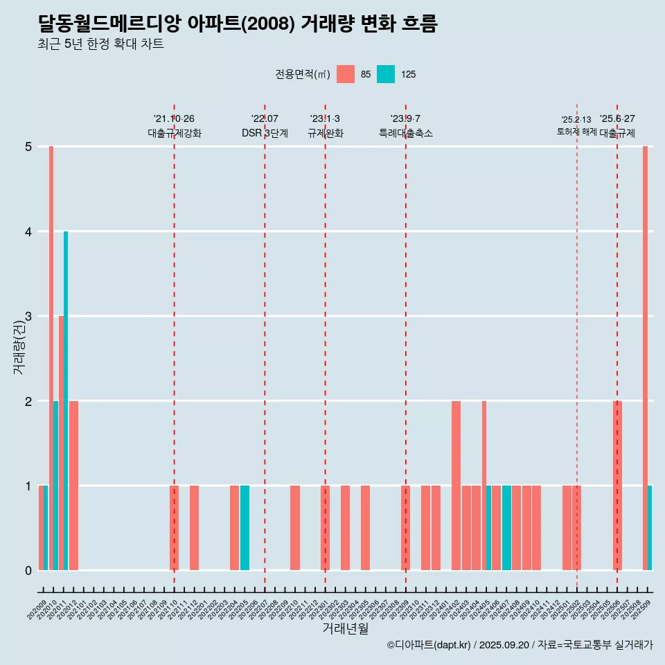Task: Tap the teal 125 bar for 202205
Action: click(x=245, y=528)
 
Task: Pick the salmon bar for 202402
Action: click(x=456, y=486)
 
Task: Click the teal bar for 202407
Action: click(x=506, y=528)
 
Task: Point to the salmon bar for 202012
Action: click(x=73, y=486)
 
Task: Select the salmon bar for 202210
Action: click(x=295, y=528)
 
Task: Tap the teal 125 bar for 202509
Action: click(x=650, y=528)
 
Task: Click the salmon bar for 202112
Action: click(x=195, y=528)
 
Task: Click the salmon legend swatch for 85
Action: click(x=346, y=74)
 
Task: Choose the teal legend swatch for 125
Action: click(x=386, y=74)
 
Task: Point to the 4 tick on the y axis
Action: click(x=28, y=231)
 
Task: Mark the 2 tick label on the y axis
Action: click(x=28, y=401)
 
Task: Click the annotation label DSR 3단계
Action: click(x=265, y=133)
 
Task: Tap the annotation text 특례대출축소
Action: click(x=406, y=133)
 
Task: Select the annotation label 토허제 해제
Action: click(x=576, y=131)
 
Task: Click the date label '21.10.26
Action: click(x=174, y=118)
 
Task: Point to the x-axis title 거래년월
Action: click(x=345, y=628)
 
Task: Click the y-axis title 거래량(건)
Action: click(x=19, y=349)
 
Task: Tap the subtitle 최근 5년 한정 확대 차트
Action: click(x=101, y=45)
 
